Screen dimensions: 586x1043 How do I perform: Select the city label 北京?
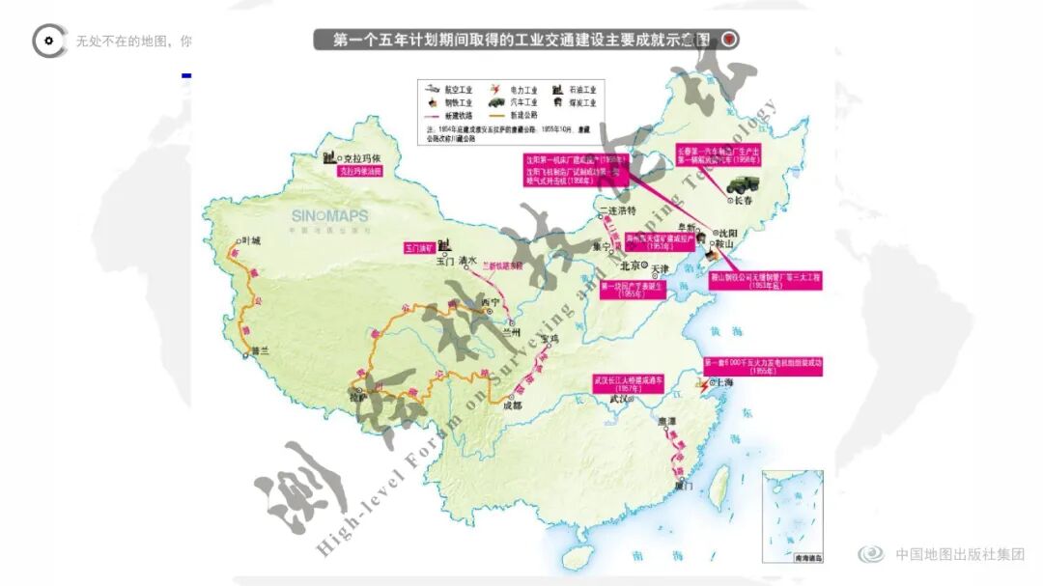631,266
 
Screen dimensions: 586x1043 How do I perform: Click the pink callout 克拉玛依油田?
359,171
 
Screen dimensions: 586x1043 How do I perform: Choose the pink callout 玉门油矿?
422,248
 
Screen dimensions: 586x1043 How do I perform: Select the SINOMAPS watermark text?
329,215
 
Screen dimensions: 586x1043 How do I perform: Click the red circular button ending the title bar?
729,40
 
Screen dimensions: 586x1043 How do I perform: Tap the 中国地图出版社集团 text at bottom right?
959,554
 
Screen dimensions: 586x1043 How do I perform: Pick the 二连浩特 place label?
619,209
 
